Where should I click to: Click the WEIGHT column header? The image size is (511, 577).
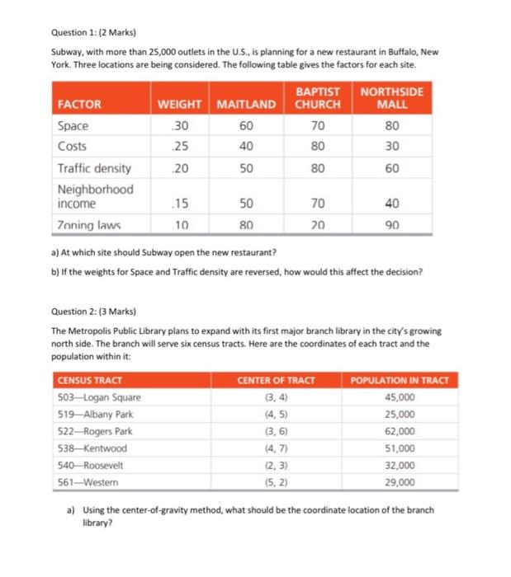(179, 105)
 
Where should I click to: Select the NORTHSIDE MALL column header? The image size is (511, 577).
(392, 98)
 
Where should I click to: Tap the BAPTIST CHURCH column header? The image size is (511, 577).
(319, 98)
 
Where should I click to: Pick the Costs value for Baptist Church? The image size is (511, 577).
(319, 147)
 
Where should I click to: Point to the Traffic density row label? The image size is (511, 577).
(94, 168)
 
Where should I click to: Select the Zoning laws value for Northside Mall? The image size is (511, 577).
(392, 224)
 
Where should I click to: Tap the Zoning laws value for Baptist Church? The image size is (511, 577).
(319, 224)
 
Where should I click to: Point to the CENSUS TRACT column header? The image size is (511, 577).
(89, 380)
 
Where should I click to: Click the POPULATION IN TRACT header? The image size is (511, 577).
(400, 380)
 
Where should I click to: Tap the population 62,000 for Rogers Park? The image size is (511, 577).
(400, 431)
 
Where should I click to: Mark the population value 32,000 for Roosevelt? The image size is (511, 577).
(400, 464)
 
